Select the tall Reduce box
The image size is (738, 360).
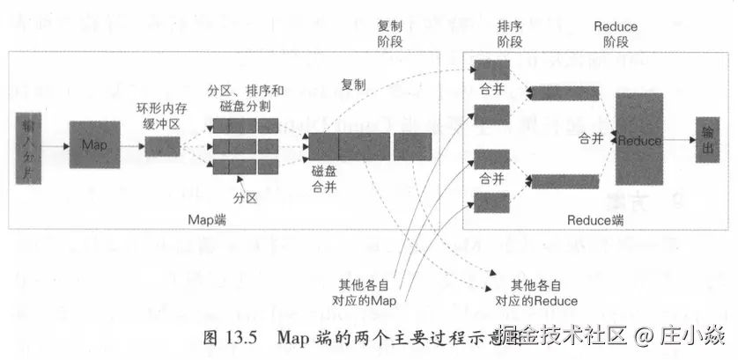[638, 138]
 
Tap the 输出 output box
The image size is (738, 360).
[706, 139]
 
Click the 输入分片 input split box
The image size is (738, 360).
[32, 143]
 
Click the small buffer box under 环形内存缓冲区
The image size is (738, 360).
[162, 146]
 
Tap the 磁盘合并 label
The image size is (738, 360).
[324, 180]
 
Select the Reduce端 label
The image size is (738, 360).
[595, 218]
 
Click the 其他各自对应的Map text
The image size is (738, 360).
[368, 292]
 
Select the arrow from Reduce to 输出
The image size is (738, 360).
[678, 139]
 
